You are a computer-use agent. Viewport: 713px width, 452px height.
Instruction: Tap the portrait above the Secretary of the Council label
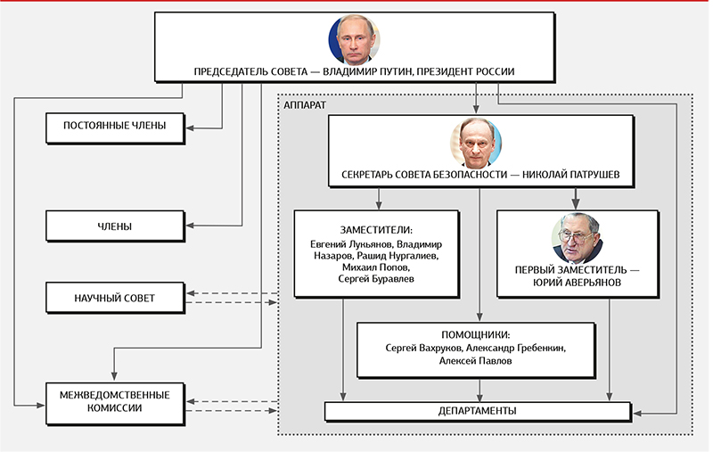point(479,143)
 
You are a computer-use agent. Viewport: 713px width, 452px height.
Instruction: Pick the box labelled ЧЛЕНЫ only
point(114,226)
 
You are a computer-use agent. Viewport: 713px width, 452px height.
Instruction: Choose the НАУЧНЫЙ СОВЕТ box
point(114,298)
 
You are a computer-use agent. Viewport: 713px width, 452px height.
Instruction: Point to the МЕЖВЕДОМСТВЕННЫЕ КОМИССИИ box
point(114,400)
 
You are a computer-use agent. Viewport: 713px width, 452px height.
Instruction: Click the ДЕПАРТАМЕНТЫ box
point(477,411)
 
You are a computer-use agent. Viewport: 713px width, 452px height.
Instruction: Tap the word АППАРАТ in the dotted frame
point(305,104)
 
